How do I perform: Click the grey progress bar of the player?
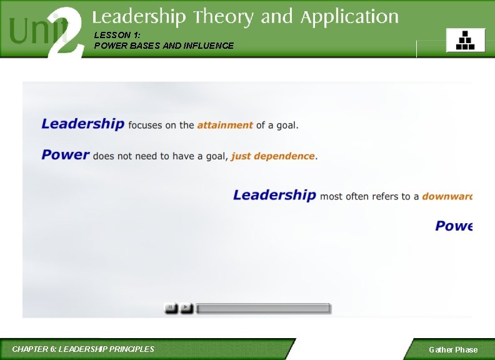pos(263,308)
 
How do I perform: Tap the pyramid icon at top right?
pos(465,41)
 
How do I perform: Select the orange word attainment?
pos(225,125)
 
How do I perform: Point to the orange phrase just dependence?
pos(272,156)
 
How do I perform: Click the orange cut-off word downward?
pos(447,196)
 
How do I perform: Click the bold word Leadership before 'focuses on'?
pos(82,124)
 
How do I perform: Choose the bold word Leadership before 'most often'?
pos(274,195)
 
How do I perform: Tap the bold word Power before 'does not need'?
pos(66,155)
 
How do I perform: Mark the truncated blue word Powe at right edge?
pos(454,226)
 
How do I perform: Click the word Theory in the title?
pos(224,17)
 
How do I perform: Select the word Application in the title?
pos(349,17)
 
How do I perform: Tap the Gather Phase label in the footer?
pos(453,350)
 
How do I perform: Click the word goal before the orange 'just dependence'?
pos(213,156)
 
